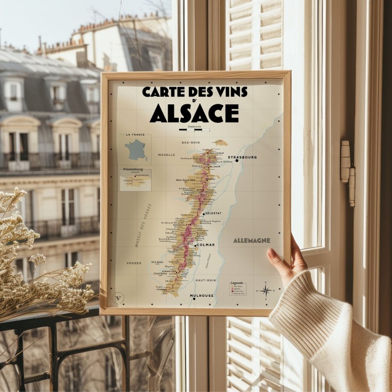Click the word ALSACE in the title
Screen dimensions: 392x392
(194, 113)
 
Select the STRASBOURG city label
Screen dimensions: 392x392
(243, 157)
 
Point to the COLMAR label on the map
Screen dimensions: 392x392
(205, 245)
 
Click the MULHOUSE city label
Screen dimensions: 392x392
(202, 295)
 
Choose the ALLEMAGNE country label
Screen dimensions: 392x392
(252, 240)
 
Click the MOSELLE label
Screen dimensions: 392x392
(166, 155)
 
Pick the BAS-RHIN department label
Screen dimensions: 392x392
(190, 143)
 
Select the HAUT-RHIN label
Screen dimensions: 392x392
(205, 280)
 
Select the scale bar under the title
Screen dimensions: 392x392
(194, 129)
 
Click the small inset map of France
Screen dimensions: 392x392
(136, 149)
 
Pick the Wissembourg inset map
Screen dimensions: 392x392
(136, 180)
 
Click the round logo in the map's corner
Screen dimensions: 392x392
(119, 298)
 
